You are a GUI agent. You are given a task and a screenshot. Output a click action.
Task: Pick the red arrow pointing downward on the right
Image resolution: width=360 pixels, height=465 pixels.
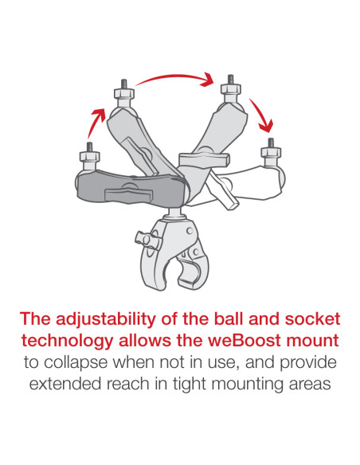263,116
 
